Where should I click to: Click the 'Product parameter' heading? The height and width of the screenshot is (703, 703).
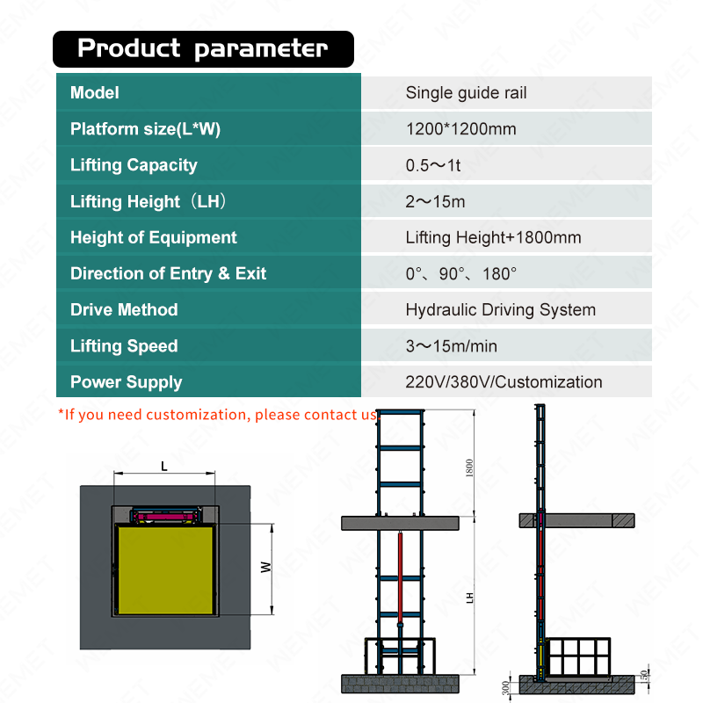pos(202,48)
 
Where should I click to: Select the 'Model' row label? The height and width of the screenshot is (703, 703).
pos(94,92)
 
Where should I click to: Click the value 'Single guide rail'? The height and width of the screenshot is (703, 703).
pos(466,92)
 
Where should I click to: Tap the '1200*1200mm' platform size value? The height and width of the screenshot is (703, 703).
pos(460,129)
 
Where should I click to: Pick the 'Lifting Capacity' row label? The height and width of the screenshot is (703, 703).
pos(134,165)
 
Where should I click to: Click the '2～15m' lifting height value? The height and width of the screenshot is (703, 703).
pos(435,201)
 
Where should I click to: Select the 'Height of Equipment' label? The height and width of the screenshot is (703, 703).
pos(153,237)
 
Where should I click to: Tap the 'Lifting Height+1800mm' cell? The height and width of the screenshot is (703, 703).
pos(493,237)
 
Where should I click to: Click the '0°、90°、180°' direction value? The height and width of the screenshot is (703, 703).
pos(460,273)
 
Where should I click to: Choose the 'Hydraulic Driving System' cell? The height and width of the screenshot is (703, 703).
pos(500,309)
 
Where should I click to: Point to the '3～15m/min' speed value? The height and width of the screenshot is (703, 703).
pos(451,346)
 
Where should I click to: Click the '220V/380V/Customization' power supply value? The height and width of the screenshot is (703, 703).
pos(504,382)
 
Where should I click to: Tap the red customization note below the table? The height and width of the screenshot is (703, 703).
pos(217,414)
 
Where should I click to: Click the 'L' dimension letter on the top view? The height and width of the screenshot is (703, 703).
pos(163,466)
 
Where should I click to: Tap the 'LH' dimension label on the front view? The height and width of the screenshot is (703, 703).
pos(471,597)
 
